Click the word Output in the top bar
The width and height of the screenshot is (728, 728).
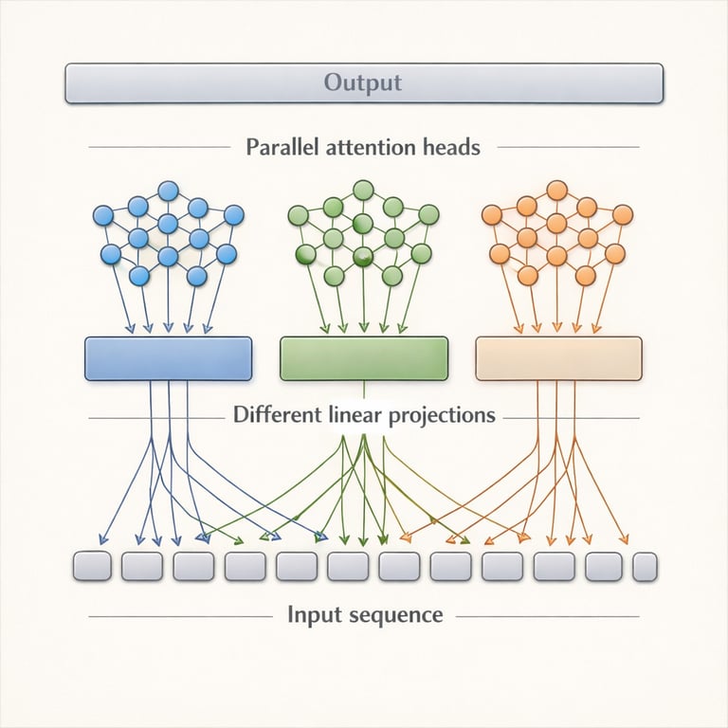[363, 82]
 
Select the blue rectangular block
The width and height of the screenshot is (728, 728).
[168, 358]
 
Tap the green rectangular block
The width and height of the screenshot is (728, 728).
[364, 358]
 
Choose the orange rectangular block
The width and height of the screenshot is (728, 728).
[558, 358]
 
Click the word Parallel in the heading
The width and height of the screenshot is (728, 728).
[282, 148]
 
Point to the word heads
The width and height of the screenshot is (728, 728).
[451, 148]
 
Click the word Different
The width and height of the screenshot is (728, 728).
[277, 415]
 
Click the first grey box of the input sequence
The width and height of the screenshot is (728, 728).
[92, 567]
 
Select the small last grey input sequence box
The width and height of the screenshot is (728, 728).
[645, 567]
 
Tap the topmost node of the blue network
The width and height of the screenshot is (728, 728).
[168, 191]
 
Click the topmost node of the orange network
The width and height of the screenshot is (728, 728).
[556, 191]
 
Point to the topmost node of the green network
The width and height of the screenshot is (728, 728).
[361, 191]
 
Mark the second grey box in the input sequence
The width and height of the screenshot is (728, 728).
[143, 567]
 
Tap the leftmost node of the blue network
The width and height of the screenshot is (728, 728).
[103, 215]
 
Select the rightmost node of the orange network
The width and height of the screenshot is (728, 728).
[623, 215]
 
